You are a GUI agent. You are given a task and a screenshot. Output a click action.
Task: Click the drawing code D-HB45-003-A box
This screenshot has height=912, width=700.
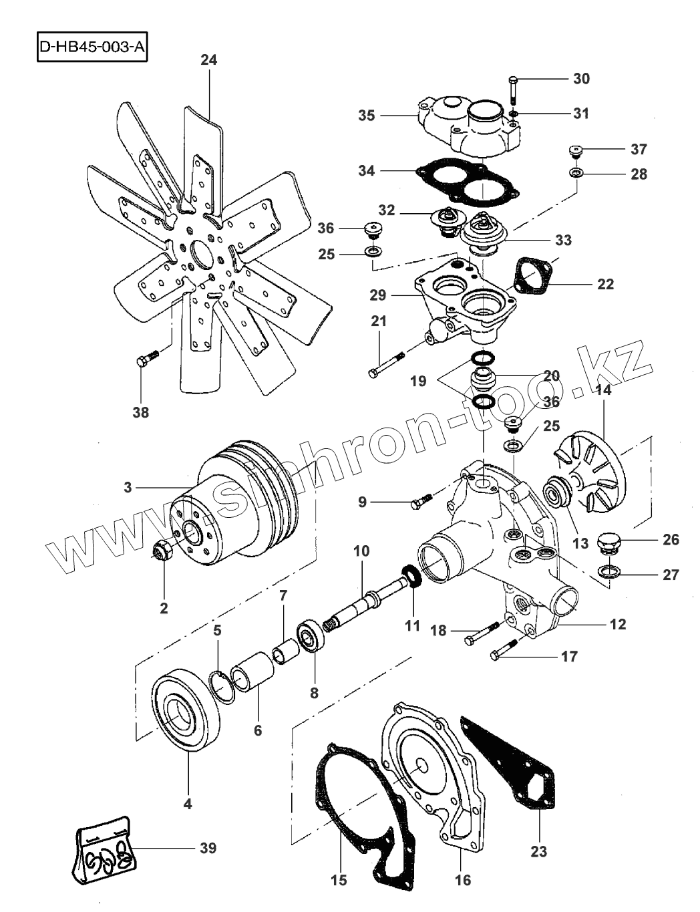[92, 47]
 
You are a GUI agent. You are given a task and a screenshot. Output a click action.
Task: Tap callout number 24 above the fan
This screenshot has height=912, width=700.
[208, 60]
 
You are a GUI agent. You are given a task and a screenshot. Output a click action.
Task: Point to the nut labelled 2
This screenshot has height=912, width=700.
[162, 552]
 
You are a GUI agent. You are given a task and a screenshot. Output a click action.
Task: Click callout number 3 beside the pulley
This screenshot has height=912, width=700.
[128, 487]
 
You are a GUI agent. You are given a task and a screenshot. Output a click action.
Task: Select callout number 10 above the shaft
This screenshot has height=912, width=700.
[361, 551]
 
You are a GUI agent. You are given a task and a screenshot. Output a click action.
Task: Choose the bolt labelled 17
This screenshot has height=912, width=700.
[507, 652]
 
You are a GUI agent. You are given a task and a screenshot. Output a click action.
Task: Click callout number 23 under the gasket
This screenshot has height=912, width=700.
[538, 852]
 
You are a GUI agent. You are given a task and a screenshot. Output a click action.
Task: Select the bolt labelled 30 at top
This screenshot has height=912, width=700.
[513, 91]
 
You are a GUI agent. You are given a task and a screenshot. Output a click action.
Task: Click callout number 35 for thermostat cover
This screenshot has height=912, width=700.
[366, 115]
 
